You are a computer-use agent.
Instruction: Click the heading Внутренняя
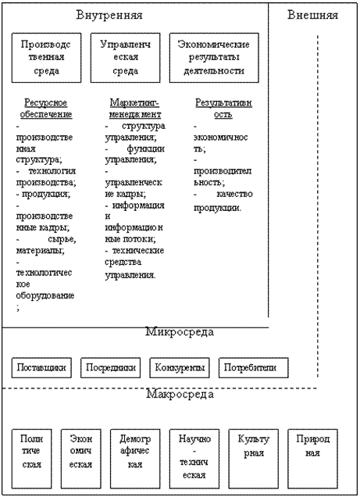(109, 15)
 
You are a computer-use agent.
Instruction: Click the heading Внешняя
(312, 15)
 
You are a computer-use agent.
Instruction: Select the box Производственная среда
(47, 58)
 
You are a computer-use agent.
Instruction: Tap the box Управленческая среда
(126, 58)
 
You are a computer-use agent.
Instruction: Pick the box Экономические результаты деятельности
(214, 58)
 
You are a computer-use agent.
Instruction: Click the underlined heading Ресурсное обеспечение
(46, 109)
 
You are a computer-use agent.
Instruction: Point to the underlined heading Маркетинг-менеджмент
(135, 109)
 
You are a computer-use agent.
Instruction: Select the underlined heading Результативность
(223, 109)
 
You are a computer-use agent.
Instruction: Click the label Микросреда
(180, 332)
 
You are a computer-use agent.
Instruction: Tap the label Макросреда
(180, 395)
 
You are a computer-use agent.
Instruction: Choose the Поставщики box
(41, 368)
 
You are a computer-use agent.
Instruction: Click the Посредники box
(111, 368)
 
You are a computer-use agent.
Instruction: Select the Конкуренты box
(180, 368)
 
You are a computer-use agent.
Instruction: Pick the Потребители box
(254, 368)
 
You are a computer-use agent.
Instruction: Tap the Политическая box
(32, 459)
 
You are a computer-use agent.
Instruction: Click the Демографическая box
(135, 459)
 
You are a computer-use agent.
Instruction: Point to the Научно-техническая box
(194, 459)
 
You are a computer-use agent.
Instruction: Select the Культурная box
(254, 459)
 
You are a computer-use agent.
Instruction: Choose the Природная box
(313, 459)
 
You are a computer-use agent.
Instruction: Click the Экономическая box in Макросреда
(81, 459)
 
